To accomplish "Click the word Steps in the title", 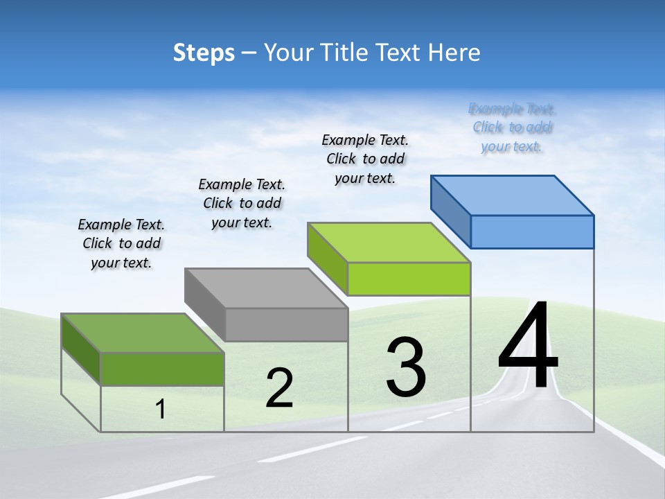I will click(204, 53).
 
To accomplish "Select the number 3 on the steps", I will click(406, 367).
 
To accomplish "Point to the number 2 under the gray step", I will click(279, 388).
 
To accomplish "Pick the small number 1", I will click(161, 410).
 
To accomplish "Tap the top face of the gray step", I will click(266, 288).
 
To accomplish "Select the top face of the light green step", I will click(389, 242).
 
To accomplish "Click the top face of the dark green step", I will click(143, 333).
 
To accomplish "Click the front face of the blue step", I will click(532, 231).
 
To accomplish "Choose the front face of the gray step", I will click(286, 324).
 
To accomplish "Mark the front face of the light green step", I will click(409, 279).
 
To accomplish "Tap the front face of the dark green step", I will click(162, 369).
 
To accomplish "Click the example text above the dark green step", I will click(121, 243).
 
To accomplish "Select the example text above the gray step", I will click(242, 203).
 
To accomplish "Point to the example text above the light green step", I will click(365, 159).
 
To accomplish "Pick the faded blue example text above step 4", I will click(512, 128).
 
